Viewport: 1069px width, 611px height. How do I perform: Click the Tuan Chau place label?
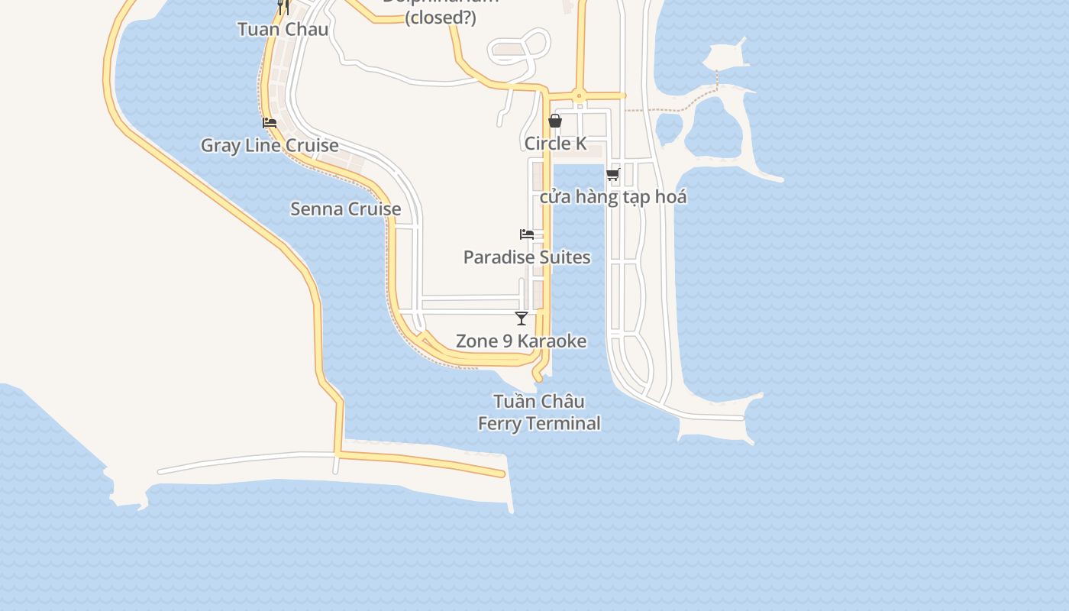(x=283, y=30)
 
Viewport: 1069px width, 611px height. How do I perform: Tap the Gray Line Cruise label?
(x=270, y=145)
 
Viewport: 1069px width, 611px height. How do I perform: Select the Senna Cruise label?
(x=345, y=209)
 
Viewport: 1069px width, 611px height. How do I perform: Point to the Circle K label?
(x=556, y=144)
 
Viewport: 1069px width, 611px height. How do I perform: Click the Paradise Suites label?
(x=527, y=257)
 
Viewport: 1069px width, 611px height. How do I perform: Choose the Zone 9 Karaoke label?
(x=521, y=341)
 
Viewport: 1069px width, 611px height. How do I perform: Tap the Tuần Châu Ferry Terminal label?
(x=539, y=412)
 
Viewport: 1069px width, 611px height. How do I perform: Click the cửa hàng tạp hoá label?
(x=613, y=197)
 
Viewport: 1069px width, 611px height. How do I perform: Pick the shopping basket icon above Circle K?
(x=555, y=121)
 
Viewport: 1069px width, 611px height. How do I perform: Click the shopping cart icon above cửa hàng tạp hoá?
(x=612, y=175)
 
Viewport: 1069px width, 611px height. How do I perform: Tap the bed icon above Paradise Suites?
(x=527, y=234)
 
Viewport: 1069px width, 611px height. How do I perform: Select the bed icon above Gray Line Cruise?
(x=270, y=122)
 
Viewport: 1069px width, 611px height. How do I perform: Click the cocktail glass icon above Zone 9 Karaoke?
(x=522, y=318)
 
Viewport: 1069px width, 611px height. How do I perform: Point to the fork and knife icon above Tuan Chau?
(x=283, y=7)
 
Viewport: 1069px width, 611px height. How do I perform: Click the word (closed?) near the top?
(x=441, y=18)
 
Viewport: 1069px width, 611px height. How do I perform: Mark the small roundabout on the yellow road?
(x=580, y=96)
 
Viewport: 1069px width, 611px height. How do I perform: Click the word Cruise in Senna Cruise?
(x=374, y=209)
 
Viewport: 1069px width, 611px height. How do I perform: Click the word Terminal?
(x=565, y=423)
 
